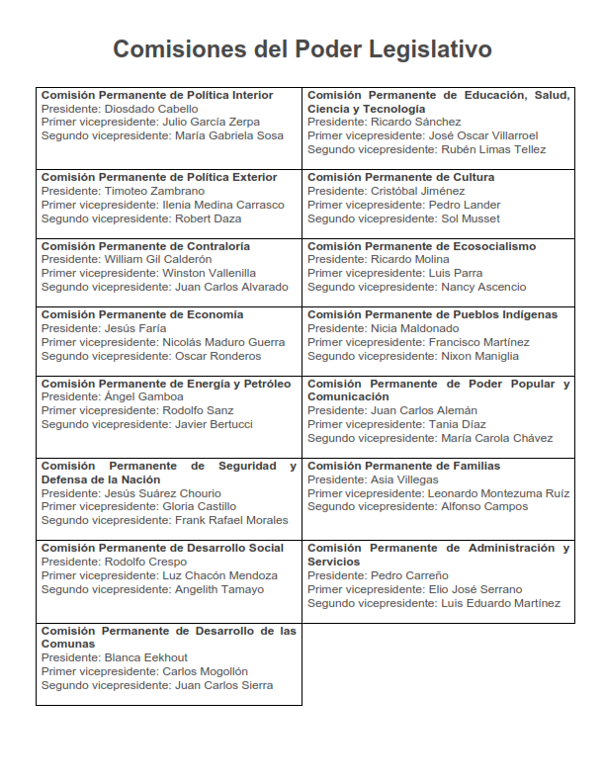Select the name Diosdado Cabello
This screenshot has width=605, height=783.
click(150, 109)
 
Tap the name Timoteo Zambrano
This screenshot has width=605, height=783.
click(154, 191)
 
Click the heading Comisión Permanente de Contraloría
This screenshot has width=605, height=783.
click(145, 246)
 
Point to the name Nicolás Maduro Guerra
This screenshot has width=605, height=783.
click(222, 342)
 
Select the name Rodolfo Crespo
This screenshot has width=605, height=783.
click(144, 562)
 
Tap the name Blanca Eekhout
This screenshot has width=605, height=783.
click(146, 657)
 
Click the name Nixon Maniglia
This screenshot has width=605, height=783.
click(479, 356)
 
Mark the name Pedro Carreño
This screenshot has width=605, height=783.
click(409, 575)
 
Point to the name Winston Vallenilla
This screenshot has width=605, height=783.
click(209, 273)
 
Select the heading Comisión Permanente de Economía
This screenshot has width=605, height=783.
click(142, 314)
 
